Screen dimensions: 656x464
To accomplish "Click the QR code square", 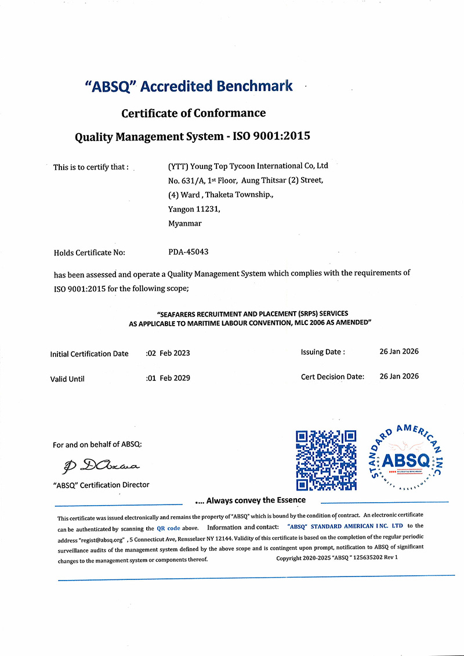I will [325, 460].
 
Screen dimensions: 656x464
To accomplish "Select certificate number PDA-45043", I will [188, 252].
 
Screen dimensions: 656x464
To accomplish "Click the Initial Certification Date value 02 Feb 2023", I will [169, 353].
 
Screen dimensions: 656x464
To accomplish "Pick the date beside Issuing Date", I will [398, 351].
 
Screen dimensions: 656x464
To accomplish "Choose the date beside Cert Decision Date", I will [398, 376].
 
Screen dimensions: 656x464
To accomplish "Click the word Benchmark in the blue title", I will [255, 86].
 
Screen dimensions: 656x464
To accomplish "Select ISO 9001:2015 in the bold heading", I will [271, 137].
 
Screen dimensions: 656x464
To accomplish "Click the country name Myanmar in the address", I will [185, 223].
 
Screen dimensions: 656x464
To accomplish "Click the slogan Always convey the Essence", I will [256, 500].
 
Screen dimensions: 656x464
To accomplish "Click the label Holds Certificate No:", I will [89, 253].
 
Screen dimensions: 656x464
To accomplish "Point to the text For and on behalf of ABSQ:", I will [97, 445].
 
